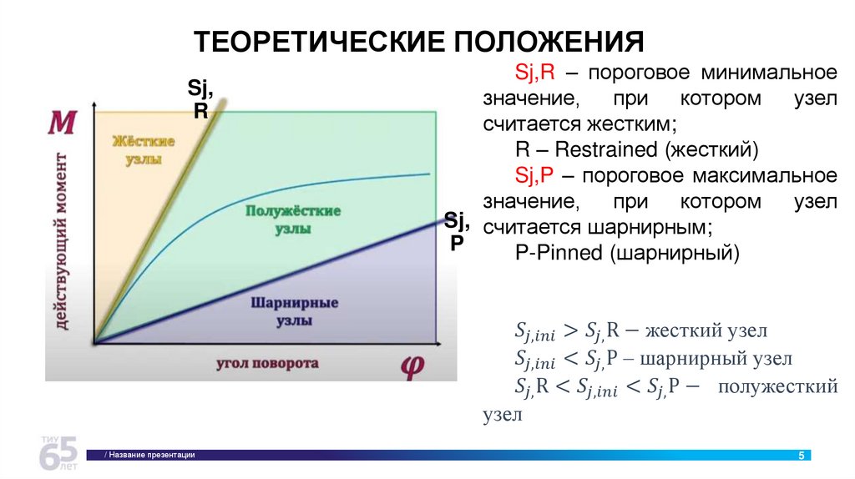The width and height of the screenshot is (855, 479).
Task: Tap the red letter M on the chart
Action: [x=63, y=124]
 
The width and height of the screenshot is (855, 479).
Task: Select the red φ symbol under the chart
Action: [x=412, y=365]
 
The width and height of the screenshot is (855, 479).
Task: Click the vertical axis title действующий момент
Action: [x=63, y=242]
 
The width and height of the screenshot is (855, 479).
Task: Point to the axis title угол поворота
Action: [x=267, y=364]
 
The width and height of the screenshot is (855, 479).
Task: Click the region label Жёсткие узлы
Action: [x=144, y=150]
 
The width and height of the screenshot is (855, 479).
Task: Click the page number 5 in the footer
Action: [x=802, y=455]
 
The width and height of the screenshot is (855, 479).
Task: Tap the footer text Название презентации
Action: [x=151, y=455]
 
